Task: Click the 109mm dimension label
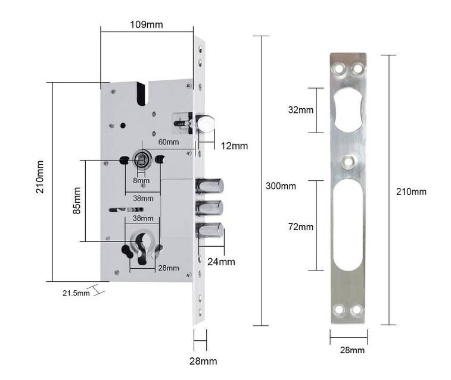pos(146,25)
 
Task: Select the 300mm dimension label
pos(280,186)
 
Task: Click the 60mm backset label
pos(169,142)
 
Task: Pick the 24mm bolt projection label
pos(221,262)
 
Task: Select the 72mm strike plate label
pos(300,227)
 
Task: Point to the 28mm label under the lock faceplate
pos(203,361)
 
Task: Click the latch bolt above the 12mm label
pos(205,124)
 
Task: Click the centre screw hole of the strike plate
pos(348,161)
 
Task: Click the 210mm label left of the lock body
pos(40,180)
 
